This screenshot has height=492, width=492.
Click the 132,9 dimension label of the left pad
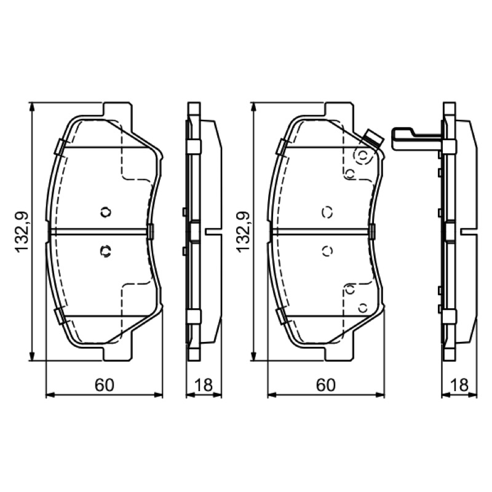tap(22, 232)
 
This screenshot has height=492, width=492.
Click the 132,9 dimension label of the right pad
tap(243, 232)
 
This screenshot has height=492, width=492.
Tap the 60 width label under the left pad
tap(105, 385)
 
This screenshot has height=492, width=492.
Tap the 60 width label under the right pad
tap(326, 385)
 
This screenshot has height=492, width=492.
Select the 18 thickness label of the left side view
tap(204, 385)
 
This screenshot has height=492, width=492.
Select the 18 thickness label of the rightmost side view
tap(459, 385)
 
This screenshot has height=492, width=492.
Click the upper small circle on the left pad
tap(106, 212)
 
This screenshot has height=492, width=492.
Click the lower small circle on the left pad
tap(106, 251)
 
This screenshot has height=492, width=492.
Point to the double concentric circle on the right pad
tap(363, 156)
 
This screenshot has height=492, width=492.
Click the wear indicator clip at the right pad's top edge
tap(373, 138)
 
